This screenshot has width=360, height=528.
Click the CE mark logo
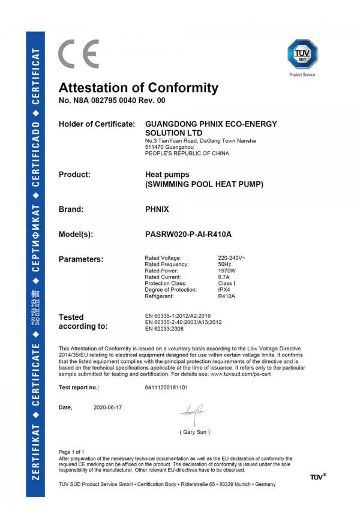click(78, 54)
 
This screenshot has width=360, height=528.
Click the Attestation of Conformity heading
click(139, 88)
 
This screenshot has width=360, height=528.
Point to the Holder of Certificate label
click(96, 124)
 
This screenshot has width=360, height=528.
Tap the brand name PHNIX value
click(157, 211)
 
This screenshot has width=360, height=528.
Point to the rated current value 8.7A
click(224, 277)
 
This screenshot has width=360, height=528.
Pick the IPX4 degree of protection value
click(224, 290)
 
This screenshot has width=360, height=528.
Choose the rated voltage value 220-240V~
click(232, 257)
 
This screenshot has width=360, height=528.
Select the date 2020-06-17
click(108, 407)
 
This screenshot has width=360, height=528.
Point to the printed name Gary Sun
click(195, 432)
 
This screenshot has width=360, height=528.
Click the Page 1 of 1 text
click(71, 451)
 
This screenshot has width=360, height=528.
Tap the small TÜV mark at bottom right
click(318, 477)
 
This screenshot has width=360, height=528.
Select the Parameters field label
click(81, 259)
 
